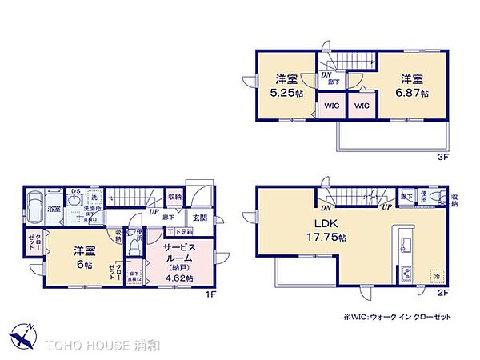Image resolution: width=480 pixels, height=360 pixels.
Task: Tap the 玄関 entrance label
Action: tap(199, 218)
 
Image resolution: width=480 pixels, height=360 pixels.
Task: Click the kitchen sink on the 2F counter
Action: tap(405, 244)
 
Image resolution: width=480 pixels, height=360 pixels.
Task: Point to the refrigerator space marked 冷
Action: tap(437, 276)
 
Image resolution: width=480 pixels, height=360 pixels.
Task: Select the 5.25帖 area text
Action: tap(287, 94)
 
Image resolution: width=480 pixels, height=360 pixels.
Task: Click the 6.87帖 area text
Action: tap(413, 94)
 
